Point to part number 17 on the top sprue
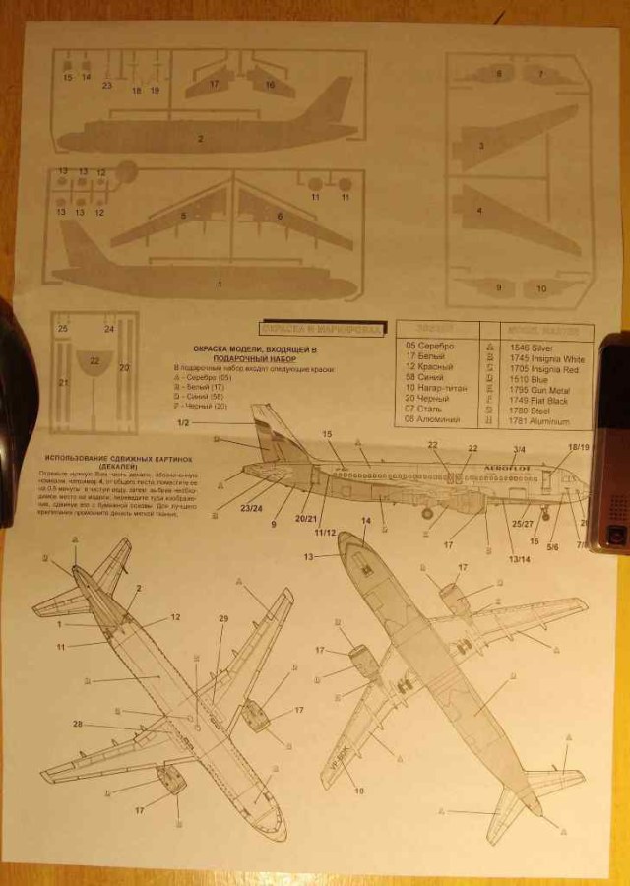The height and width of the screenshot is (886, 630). (x=215, y=81)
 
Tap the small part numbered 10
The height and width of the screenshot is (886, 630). (x=540, y=288)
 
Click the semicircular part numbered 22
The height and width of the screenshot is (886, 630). (x=94, y=363)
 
